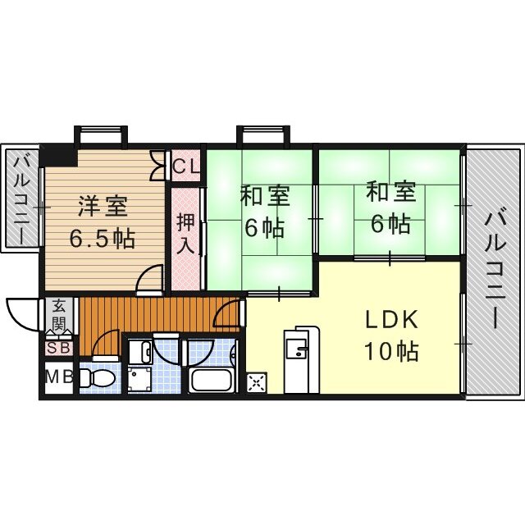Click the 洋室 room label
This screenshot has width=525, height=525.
click(x=103, y=203)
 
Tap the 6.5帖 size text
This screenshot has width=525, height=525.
click(x=102, y=240)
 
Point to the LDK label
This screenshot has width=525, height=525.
click(x=391, y=319)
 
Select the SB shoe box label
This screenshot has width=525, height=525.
click(x=59, y=348)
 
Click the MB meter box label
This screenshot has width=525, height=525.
click(x=58, y=378)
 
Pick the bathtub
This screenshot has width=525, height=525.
click(x=213, y=382)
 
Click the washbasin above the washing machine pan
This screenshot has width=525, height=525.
click(x=139, y=352)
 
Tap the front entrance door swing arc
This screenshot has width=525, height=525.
click(x=22, y=312)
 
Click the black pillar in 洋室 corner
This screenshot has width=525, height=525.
click(x=59, y=154)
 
